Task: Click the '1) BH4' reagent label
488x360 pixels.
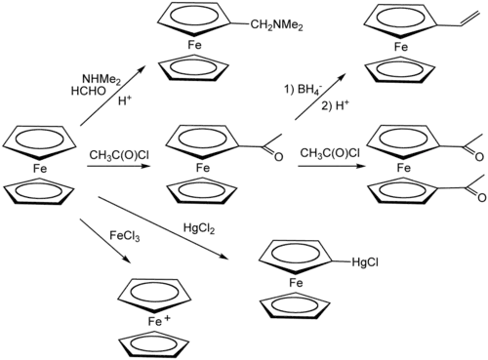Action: [x=301, y=90]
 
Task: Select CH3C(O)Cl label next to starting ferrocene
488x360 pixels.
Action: [x=115, y=155]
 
